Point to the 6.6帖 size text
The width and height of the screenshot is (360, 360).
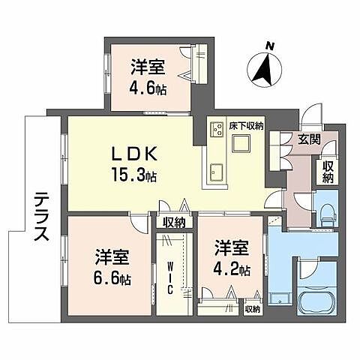[112, 279]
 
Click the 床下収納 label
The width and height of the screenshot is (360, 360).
[247, 126]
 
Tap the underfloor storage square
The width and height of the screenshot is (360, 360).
[244, 145]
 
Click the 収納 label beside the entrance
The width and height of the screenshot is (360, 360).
[328, 171]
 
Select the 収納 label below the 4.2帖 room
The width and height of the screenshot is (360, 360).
[252, 309]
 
